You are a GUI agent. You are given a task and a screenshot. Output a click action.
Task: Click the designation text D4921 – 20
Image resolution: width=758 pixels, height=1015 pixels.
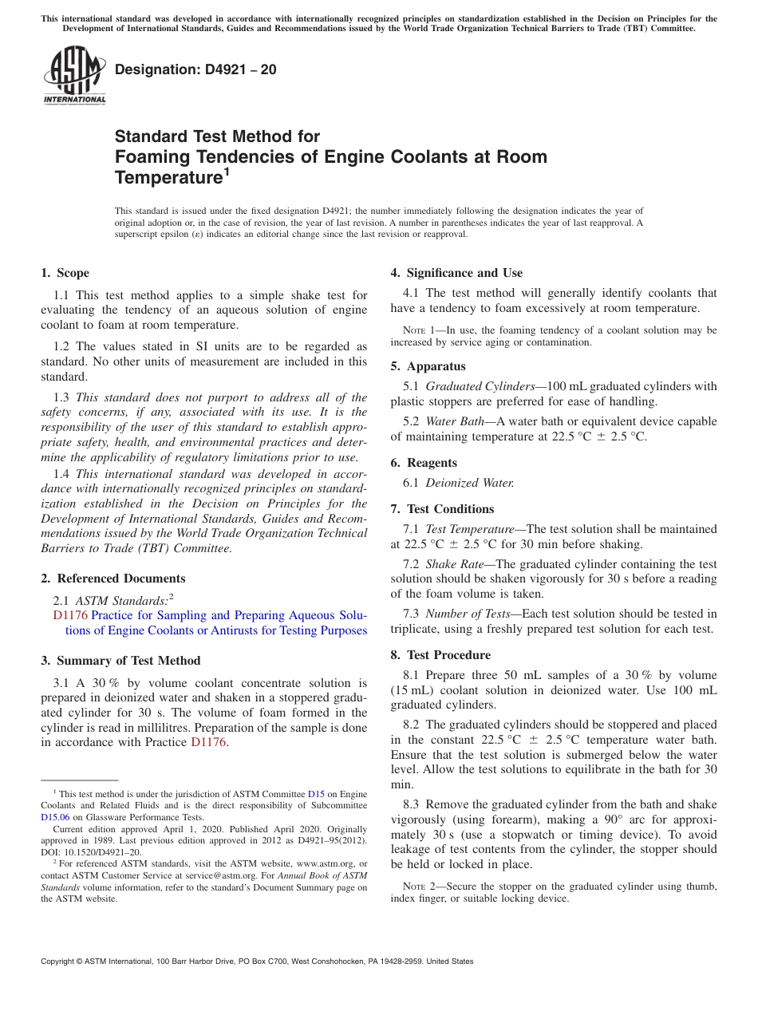coord(195,69)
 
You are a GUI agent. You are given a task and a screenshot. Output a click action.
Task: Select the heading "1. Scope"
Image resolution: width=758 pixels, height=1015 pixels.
coord(65,273)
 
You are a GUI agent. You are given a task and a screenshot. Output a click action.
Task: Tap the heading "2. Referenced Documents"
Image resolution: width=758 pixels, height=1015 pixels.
coord(113,579)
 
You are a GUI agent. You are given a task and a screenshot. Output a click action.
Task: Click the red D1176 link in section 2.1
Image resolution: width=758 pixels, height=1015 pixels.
coord(70,615)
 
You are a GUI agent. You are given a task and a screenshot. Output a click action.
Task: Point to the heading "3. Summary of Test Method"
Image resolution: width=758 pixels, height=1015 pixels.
coord(120,661)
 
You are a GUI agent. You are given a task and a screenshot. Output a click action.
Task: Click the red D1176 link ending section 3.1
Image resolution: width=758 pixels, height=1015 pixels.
coord(209,742)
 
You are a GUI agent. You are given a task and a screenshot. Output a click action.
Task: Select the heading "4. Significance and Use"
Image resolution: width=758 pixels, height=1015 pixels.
coord(456,273)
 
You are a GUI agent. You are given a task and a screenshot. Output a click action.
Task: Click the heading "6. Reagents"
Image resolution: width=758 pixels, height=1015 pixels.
coord(424,463)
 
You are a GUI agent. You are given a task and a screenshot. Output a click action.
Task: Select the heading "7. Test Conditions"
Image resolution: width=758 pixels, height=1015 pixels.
coord(442,509)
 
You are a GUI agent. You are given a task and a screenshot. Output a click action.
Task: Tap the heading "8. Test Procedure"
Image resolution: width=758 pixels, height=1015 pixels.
coord(440,655)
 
